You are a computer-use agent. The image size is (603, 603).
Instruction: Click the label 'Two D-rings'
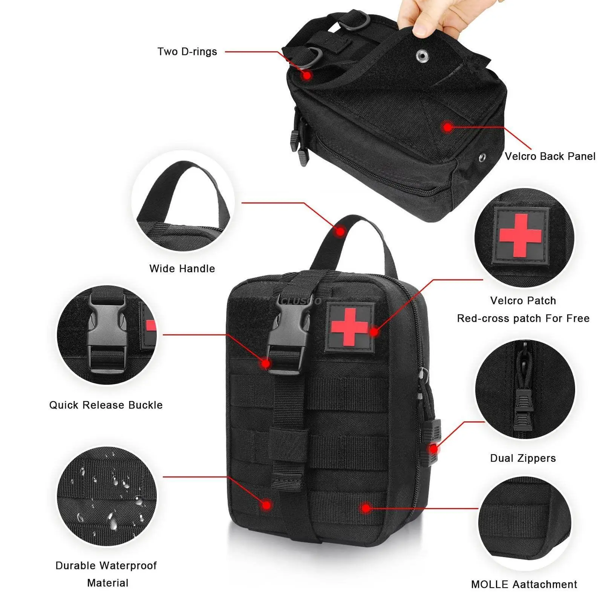(x=187, y=52)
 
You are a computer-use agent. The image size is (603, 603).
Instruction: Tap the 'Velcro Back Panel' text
(x=550, y=156)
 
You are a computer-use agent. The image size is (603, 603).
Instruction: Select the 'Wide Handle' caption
(x=182, y=269)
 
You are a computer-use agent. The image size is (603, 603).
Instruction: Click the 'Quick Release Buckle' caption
(x=106, y=405)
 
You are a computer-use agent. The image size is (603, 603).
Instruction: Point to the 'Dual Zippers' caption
(x=523, y=458)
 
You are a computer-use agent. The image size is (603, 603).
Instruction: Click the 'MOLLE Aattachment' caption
(x=524, y=585)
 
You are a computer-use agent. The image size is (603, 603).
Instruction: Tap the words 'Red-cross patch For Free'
(x=523, y=318)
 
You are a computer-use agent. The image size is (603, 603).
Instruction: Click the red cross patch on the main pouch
(x=349, y=326)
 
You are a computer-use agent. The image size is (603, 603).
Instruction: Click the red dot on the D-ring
(x=307, y=75)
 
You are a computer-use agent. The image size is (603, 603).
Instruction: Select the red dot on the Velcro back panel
(x=447, y=127)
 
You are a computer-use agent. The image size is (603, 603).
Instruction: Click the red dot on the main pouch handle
(x=340, y=231)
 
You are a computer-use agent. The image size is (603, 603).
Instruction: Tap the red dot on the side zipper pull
(x=434, y=449)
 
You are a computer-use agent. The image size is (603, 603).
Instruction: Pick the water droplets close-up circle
(x=107, y=496)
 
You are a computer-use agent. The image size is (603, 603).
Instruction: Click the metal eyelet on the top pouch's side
(x=482, y=157)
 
